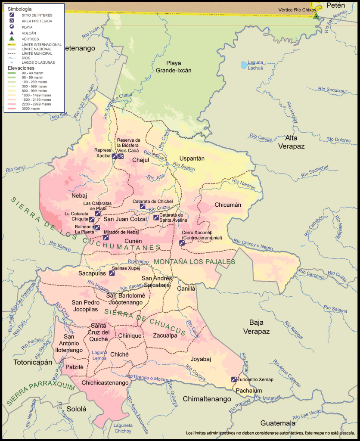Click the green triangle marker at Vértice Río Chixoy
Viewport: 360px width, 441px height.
316,16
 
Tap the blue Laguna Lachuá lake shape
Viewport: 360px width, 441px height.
244,65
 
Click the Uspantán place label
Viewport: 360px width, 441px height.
192,158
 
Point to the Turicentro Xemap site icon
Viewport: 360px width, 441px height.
234,379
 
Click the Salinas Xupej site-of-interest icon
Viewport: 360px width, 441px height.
112,273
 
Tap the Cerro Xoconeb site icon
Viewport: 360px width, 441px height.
182,243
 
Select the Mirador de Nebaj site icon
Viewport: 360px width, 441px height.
106,237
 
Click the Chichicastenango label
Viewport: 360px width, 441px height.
105,382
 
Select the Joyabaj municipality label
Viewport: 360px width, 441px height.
201,358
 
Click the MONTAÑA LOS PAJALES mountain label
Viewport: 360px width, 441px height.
195,261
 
